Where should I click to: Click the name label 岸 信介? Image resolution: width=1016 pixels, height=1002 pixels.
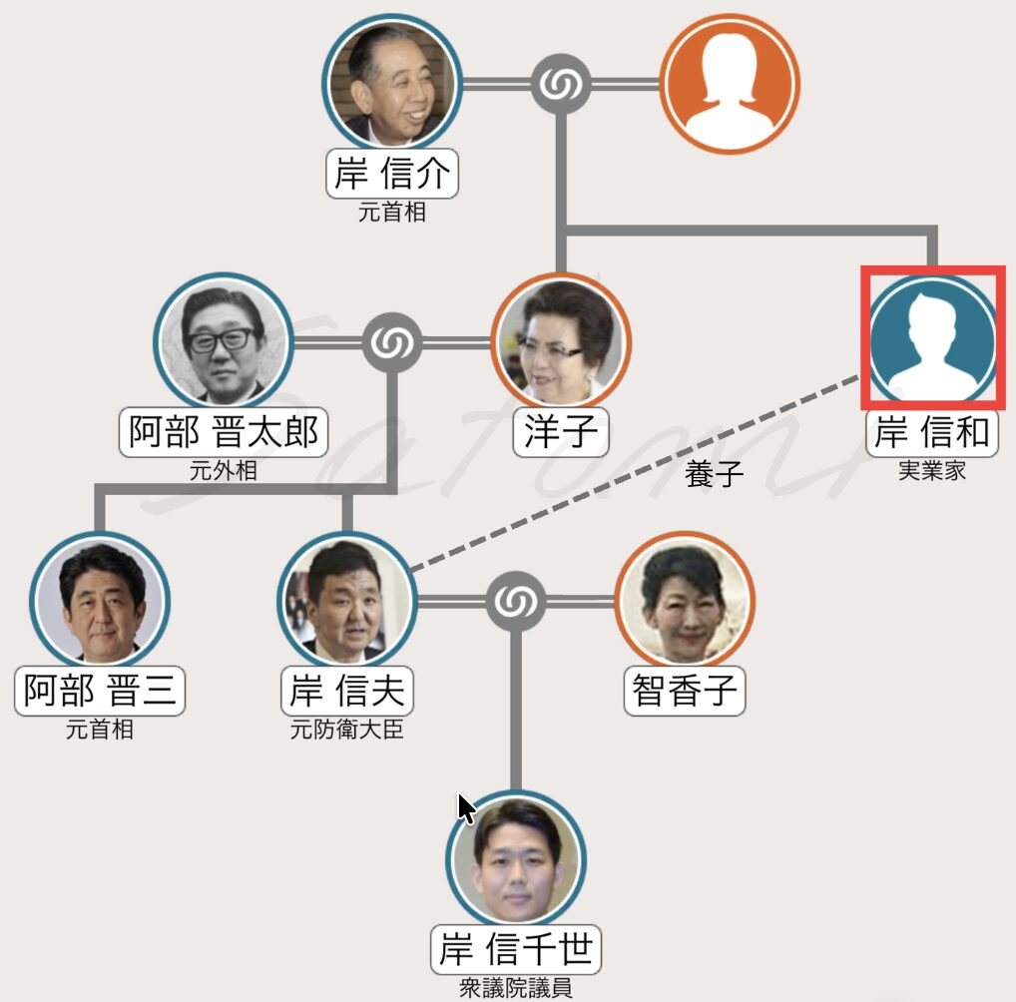click(391, 176)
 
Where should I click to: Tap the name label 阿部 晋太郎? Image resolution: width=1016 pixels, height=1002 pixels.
click(224, 432)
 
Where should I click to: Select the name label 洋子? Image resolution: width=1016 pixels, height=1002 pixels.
click(561, 432)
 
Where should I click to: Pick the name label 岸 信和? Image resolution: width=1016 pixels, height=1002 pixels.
click(932, 432)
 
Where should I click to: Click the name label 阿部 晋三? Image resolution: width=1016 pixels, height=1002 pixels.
click(100, 691)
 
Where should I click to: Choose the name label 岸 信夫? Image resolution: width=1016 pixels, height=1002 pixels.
click(346, 691)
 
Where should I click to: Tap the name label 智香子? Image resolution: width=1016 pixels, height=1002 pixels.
click(685, 691)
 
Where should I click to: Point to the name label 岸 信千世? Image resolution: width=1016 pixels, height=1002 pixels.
click(516, 949)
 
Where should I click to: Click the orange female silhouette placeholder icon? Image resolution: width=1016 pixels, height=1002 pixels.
click(730, 84)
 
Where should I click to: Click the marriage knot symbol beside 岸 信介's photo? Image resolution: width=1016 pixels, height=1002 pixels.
click(560, 84)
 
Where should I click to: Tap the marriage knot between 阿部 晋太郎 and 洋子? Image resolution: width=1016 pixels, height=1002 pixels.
click(392, 343)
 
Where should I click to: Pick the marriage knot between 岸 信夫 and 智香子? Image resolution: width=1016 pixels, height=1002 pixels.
click(516, 601)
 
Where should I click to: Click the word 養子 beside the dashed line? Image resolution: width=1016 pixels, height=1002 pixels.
click(715, 474)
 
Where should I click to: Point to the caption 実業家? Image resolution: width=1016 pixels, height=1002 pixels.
click(932, 470)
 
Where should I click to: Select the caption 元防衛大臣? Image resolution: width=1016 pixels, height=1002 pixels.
click(346, 730)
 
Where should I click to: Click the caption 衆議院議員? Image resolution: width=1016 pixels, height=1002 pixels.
click(516, 988)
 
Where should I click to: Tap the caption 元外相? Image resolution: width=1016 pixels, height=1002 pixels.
click(224, 470)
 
